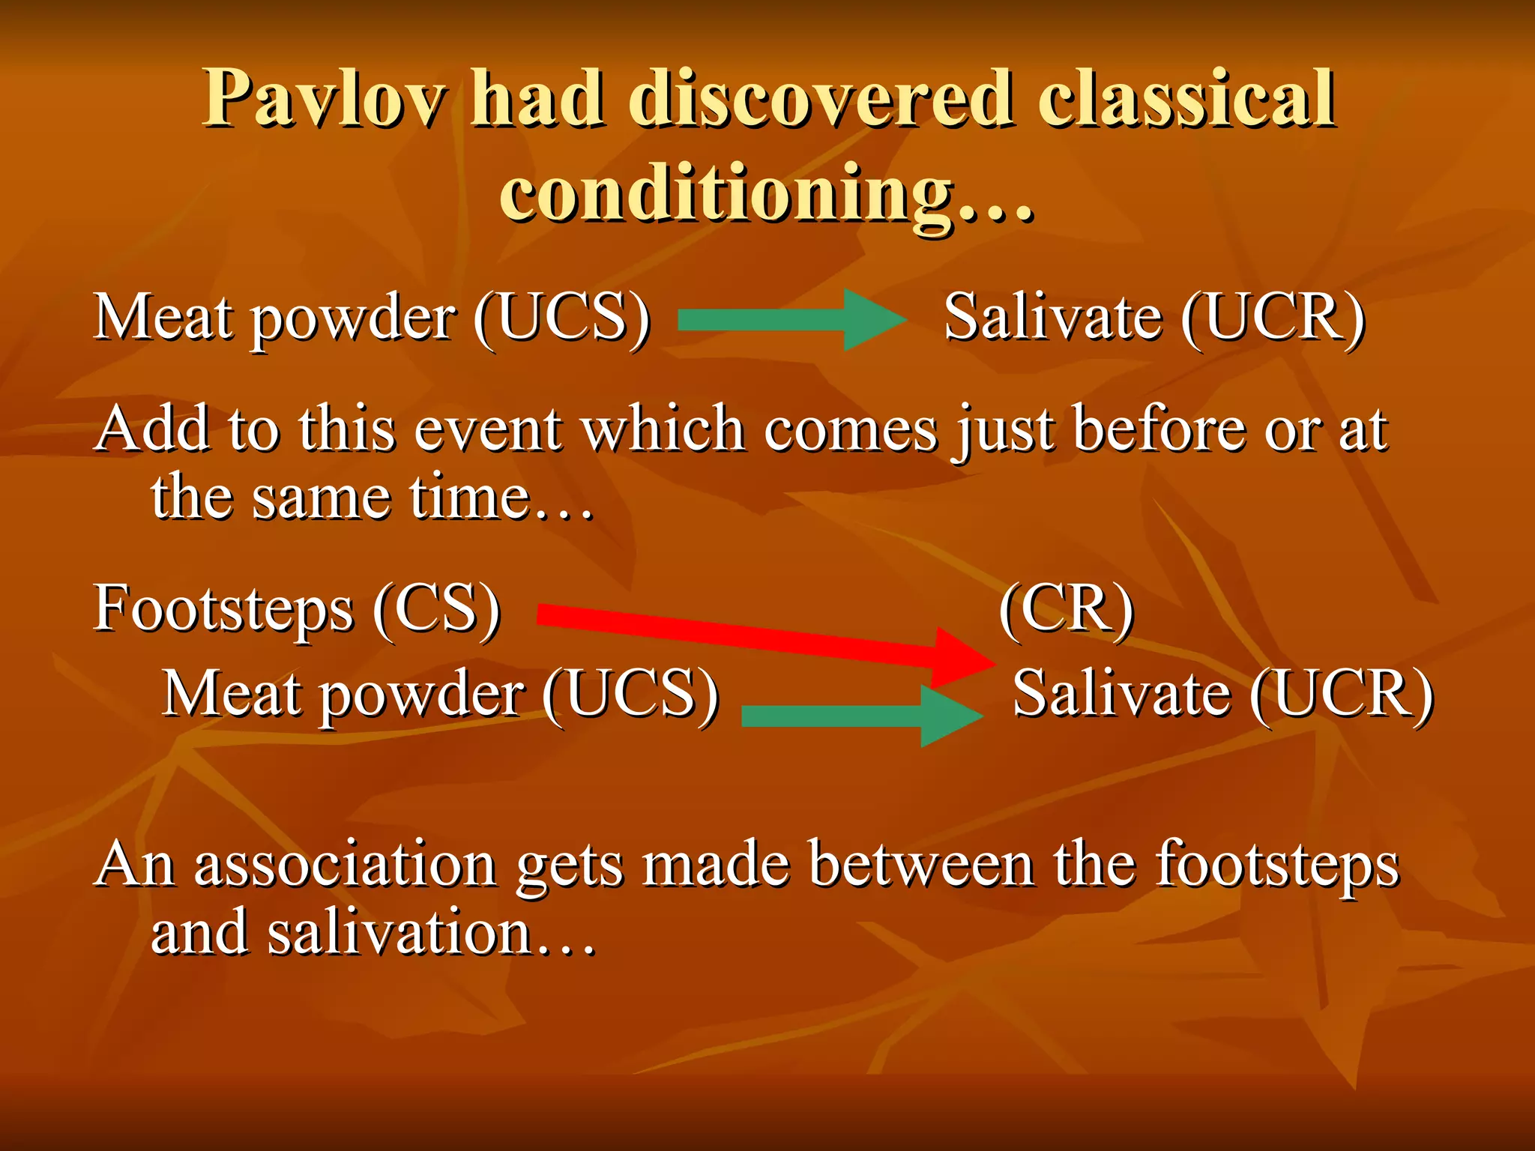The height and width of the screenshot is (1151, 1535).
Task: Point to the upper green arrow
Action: [x=791, y=320]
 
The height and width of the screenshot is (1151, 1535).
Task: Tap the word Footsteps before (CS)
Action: [x=223, y=608]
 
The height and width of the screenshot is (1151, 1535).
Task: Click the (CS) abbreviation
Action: [x=437, y=608]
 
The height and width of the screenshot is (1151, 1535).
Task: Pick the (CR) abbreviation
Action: [x=1067, y=608]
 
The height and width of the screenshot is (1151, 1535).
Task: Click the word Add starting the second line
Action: [x=153, y=429]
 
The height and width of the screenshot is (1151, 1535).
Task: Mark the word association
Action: [x=345, y=865]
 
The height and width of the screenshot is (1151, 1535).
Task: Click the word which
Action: [x=663, y=429]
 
